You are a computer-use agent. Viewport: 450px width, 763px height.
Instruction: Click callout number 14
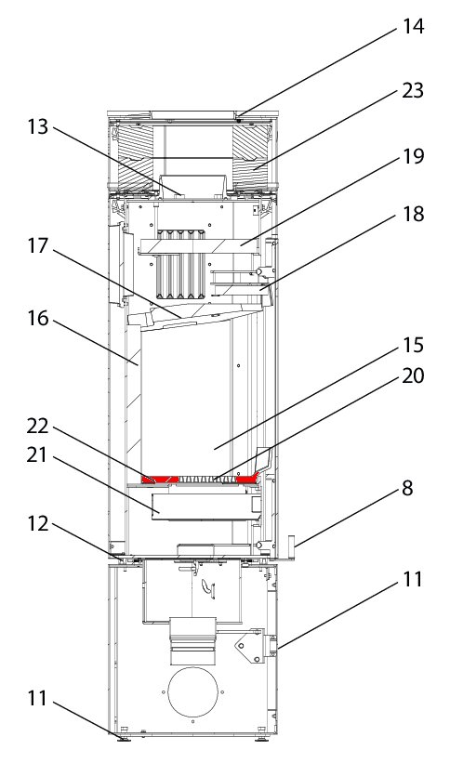(413, 26)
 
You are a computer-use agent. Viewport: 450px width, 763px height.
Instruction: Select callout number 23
(413, 91)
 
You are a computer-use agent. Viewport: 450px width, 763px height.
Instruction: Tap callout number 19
(413, 156)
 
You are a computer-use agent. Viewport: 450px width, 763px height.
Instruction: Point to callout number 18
(413, 214)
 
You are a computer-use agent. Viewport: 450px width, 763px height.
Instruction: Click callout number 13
(37, 126)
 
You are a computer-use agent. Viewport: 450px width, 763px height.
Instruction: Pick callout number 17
(37, 245)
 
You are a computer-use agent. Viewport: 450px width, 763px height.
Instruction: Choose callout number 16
(37, 319)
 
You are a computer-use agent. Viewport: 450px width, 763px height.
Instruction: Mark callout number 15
(413, 345)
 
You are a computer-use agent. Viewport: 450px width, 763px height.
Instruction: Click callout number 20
(413, 375)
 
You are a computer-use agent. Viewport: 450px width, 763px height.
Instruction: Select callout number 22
(37, 426)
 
